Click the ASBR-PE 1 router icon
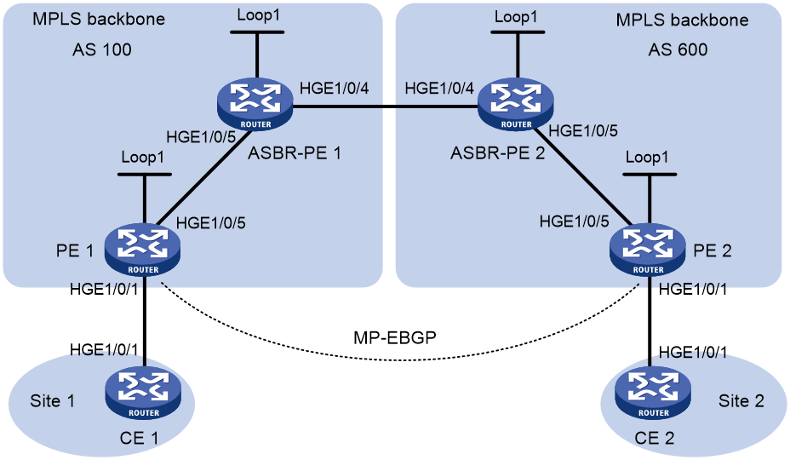coord(255,105)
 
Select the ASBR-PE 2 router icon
coord(516,105)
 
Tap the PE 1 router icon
coord(142,250)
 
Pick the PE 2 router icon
coord(648,250)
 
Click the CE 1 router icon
coord(143,393)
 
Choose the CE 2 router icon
coord(654,393)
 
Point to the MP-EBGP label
coord(394,337)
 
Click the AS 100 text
coord(102,49)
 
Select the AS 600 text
coord(678,49)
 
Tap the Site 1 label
coord(53,401)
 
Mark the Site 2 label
coord(741,401)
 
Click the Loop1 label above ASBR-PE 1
coord(259,15)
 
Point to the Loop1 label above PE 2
coord(647,158)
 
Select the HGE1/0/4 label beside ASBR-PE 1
coord(334,89)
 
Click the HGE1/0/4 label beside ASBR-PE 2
coord(439,89)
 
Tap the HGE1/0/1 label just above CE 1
coord(104,349)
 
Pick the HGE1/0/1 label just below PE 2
coord(693,289)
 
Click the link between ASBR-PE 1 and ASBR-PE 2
coord(386,106)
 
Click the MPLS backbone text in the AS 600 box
coord(682,20)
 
